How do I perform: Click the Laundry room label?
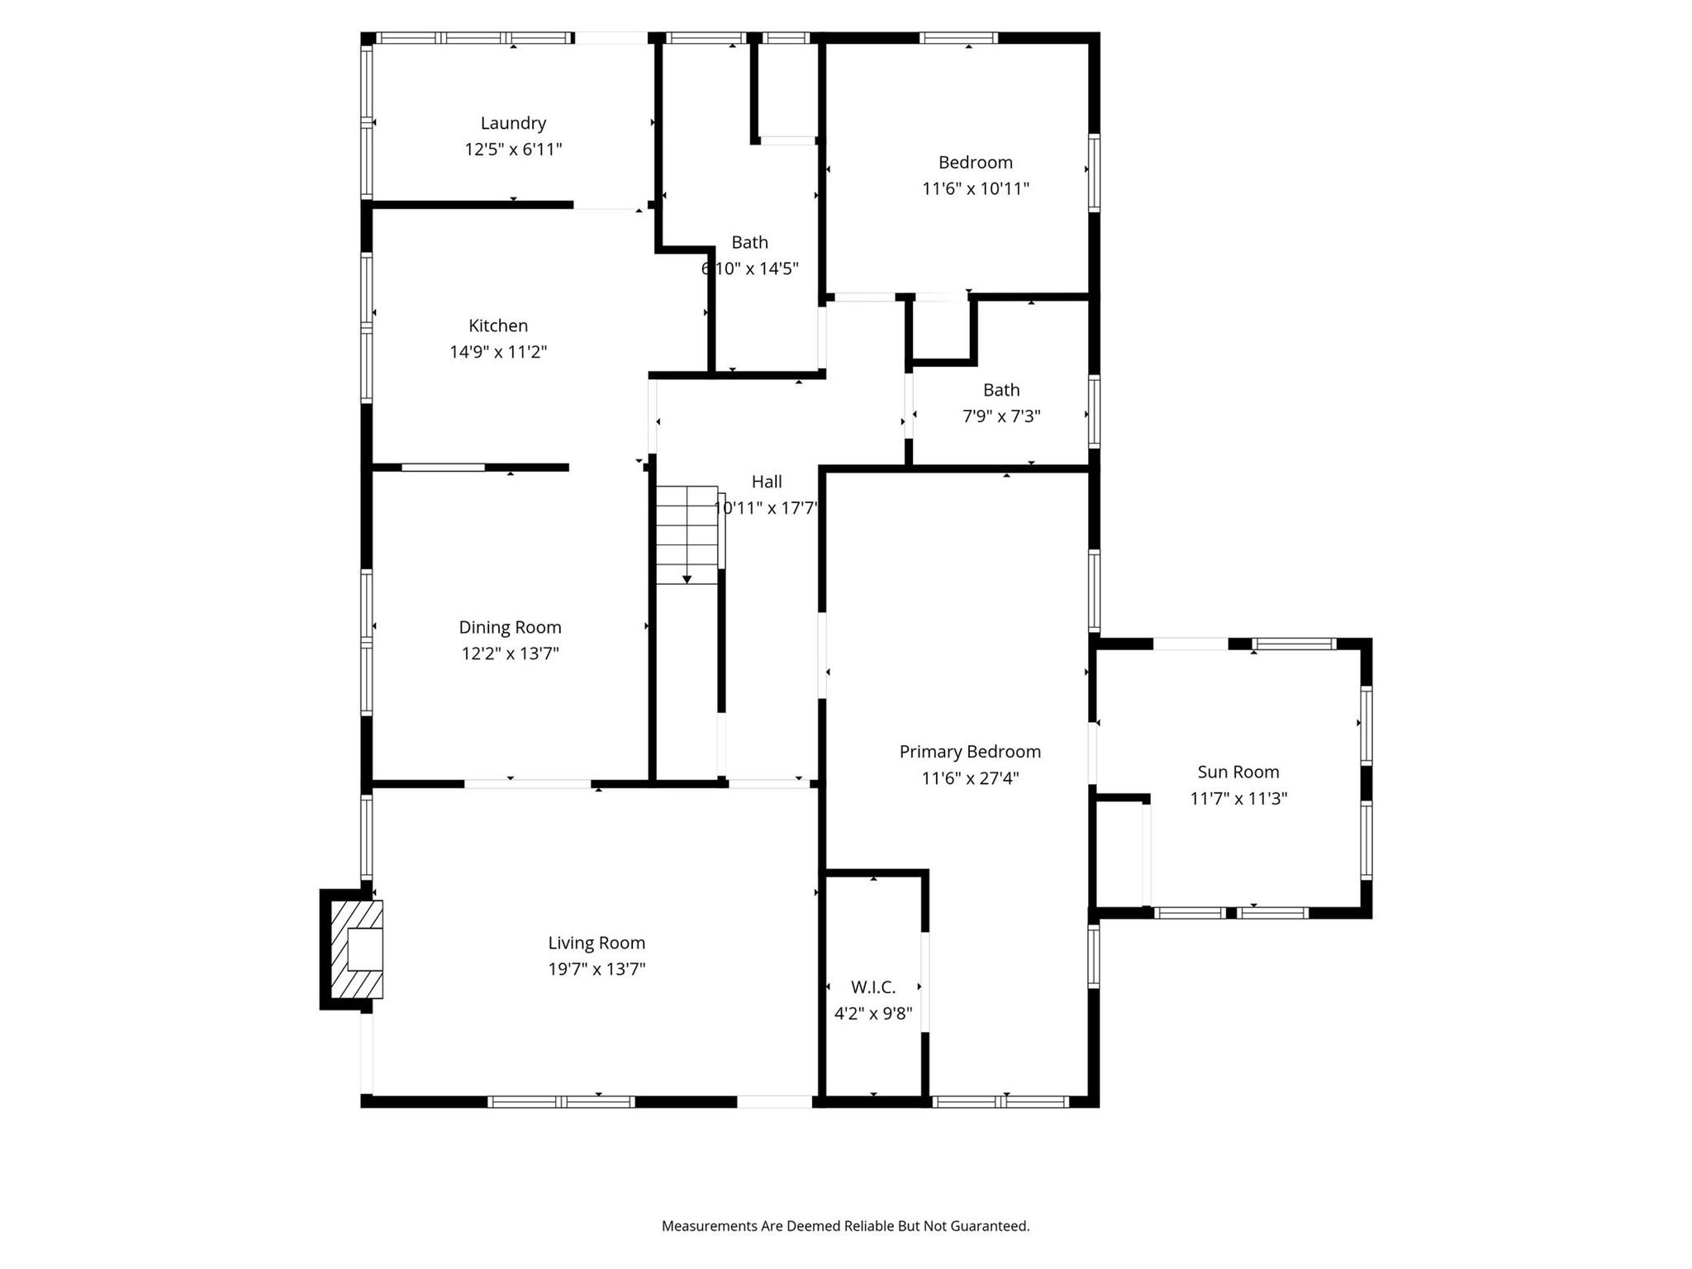point(513,123)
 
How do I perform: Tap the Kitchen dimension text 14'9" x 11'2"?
point(498,352)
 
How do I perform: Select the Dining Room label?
point(510,627)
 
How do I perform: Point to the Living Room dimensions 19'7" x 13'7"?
point(596,969)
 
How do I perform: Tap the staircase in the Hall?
point(687,535)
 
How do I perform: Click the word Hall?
point(767,482)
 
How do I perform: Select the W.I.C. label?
point(873,987)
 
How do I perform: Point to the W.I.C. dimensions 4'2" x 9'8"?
point(873,1014)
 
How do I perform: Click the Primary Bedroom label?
point(970,752)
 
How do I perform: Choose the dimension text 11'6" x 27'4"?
point(970,778)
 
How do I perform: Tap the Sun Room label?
point(1238,772)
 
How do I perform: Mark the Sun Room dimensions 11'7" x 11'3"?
point(1238,799)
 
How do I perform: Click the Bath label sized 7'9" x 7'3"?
point(1001,390)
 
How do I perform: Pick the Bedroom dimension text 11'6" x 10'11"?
point(976,188)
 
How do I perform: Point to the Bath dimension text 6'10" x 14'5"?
point(750,269)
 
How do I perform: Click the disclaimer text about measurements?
point(846,1226)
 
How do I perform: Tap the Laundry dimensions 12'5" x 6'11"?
point(513,150)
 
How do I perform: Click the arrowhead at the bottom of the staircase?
point(687,580)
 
